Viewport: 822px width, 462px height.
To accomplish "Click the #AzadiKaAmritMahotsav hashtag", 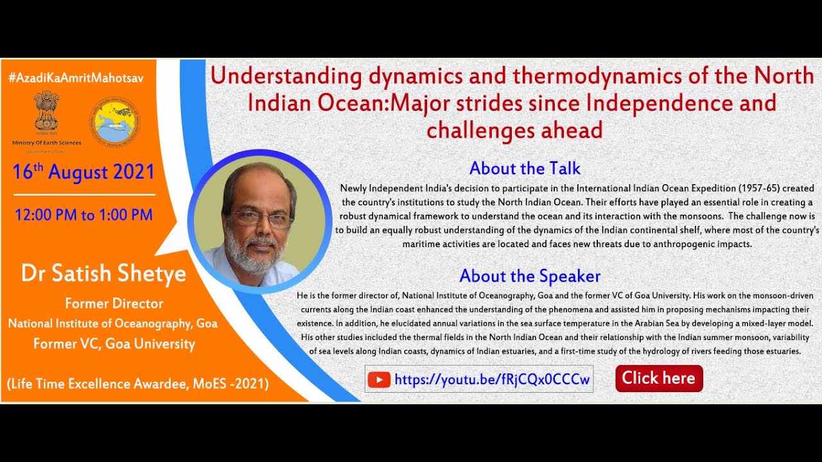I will [x=76, y=78].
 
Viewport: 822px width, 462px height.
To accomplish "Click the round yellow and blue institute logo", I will [x=113, y=120].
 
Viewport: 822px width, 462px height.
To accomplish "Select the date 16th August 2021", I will [x=83, y=172].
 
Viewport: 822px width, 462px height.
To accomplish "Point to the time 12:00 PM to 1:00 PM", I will [x=83, y=214].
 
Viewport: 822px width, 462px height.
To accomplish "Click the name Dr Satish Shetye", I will [x=103, y=274].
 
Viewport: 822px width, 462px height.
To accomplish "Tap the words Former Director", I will [x=114, y=304].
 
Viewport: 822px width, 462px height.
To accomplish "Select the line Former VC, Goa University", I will [x=114, y=343].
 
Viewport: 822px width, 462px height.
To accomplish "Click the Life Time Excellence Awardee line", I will [x=137, y=384].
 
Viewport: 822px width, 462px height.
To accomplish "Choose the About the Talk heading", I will [x=525, y=169].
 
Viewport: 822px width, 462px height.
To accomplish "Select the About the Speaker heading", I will [x=530, y=277].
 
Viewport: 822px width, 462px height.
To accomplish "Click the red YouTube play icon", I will [x=379, y=380].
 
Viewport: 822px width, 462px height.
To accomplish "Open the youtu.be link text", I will [x=492, y=380].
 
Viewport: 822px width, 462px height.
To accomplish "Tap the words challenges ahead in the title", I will [x=514, y=130].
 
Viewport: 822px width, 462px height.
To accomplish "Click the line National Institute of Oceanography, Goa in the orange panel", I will [x=112, y=323].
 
